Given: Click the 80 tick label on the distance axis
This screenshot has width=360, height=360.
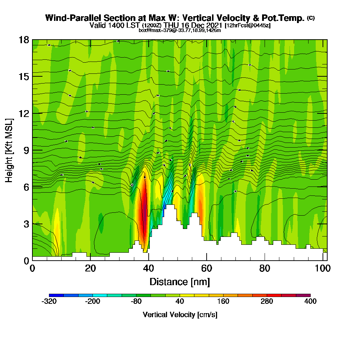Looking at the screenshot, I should [x=265, y=268].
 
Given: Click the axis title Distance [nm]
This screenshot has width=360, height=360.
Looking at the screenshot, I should [x=180, y=282].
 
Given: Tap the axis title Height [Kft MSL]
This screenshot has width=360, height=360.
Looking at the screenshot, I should [x=9, y=150].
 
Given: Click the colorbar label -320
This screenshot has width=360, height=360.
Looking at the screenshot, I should [x=49, y=301].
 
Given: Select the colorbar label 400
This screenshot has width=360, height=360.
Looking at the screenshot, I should [x=310, y=301].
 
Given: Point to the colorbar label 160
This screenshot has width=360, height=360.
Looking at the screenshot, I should [x=223, y=301].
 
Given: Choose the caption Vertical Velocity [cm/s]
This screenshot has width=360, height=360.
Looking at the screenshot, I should [x=180, y=315].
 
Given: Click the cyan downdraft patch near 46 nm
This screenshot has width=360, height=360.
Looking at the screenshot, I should [x=166, y=200].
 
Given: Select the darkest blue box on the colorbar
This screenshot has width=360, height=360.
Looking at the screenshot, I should [x=56, y=295].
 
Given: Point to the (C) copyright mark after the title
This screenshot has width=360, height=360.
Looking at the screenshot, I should [x=311, y=18].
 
